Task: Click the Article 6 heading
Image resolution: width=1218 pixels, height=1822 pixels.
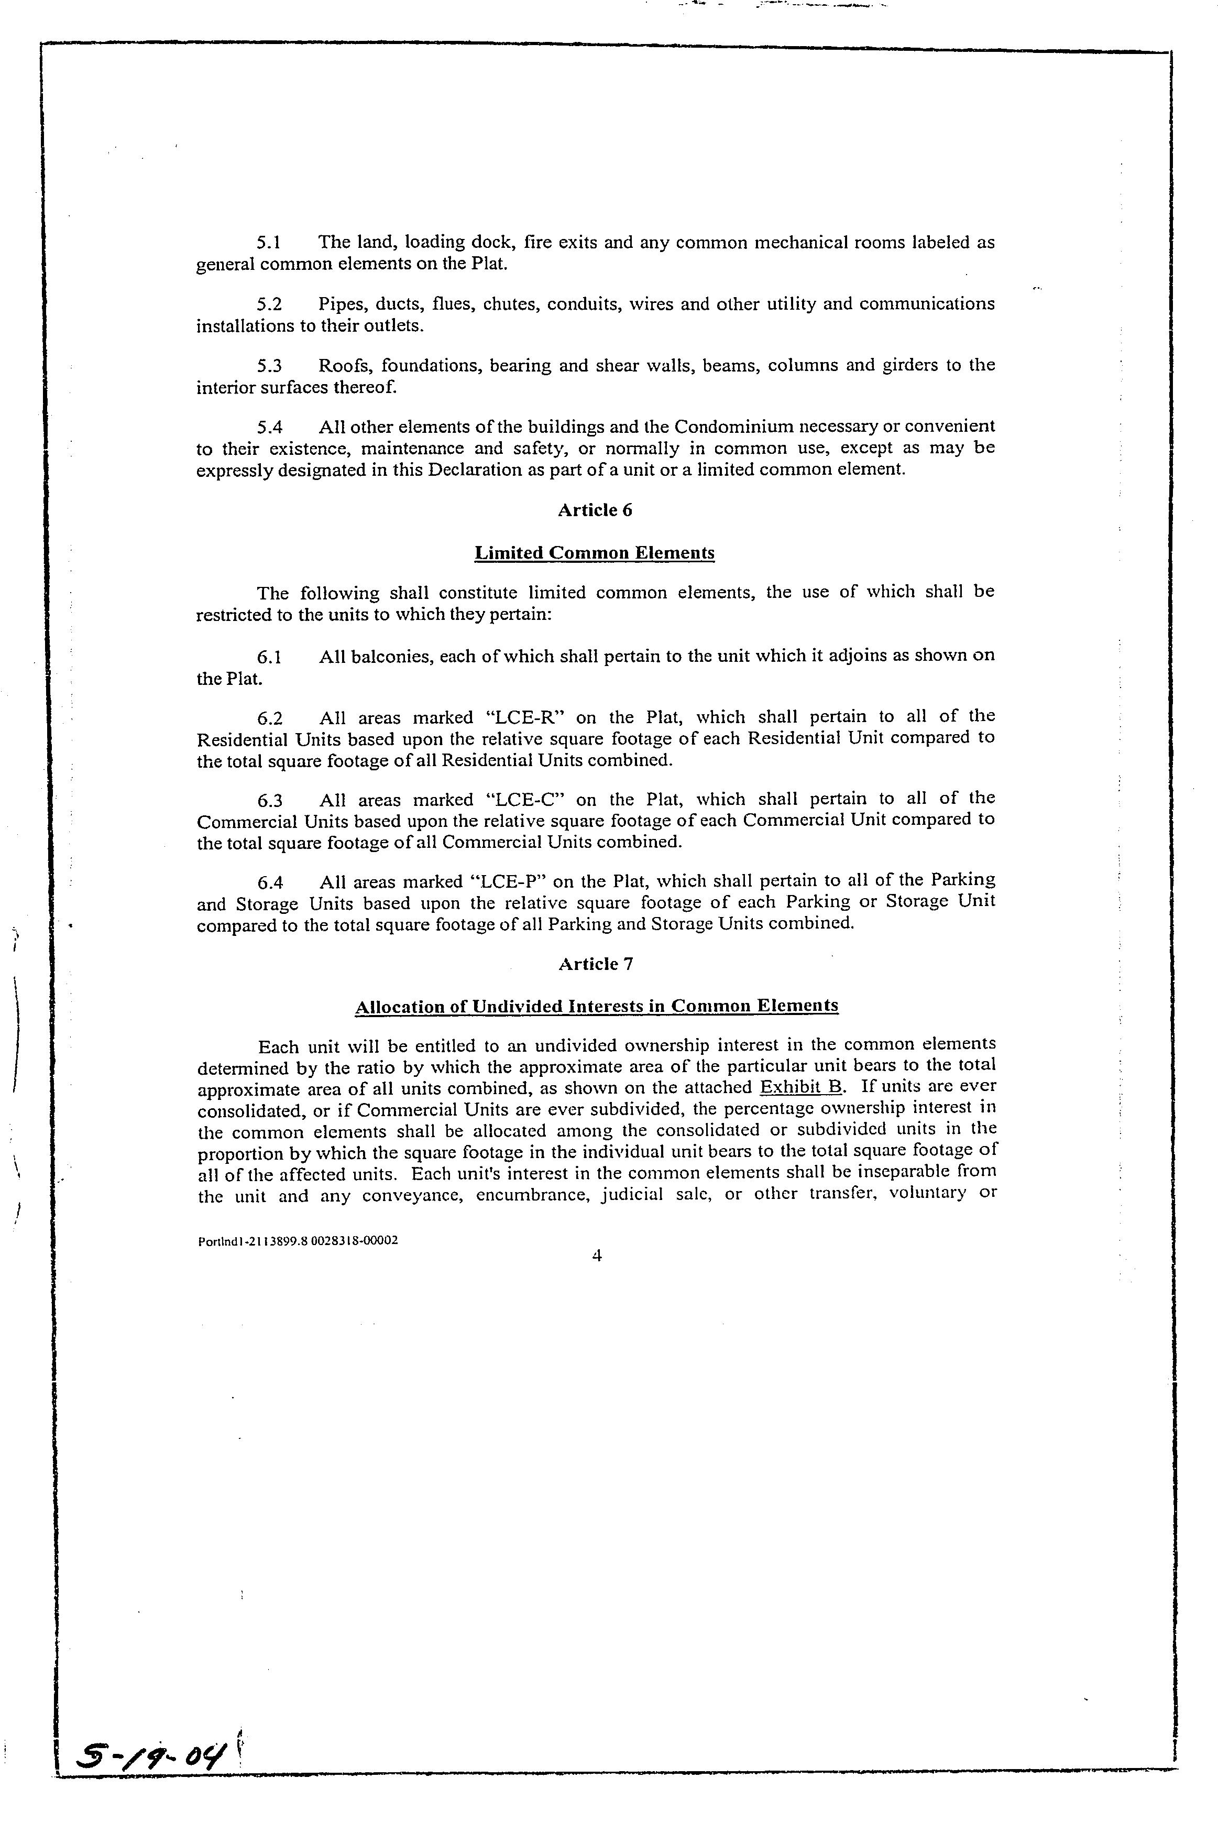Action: pyautogui.click(x=595, y=510)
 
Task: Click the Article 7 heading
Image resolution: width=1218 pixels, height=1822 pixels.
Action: pyautogui.click(x=596, y=964)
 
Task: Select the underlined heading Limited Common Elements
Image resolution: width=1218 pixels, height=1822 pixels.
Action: pyautogui.click(x=594, y=553)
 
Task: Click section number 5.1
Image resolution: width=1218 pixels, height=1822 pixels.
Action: pyautogui.click(x=270, y=243)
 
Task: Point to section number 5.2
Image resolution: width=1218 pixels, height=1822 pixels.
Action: pyautogui.click(x=270, y=304)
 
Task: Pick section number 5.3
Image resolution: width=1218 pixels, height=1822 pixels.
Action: pyautogui.click(x=270, y=366)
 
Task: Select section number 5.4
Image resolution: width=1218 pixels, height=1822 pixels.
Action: pyautogui.click(x=270, y=428)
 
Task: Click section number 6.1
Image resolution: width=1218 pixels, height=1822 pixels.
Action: pyautogui.click(x=270, y=657)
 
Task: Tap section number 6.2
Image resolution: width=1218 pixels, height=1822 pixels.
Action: pyautogui.click(x=270, y=718)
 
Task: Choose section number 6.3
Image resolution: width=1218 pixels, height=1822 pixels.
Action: pyautogui.click(x=270, y=800)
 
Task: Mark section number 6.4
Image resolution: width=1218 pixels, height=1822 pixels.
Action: pyautogui.click(x=270, y=882)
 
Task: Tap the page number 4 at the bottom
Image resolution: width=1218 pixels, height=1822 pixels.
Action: pyautogui.click(x=597, y=1256)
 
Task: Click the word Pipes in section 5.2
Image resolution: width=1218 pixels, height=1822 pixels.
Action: pyautogui.click(x=340, y=304)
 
